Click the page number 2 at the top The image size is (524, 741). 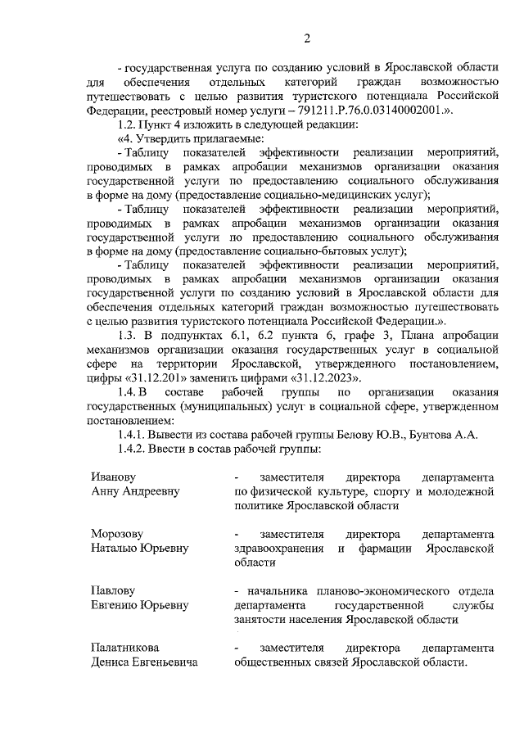click(306, 38)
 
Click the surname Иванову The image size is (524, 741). click(113, 477)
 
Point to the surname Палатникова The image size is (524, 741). click(124, 648)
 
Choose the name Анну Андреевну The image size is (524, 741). click(135, 491)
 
